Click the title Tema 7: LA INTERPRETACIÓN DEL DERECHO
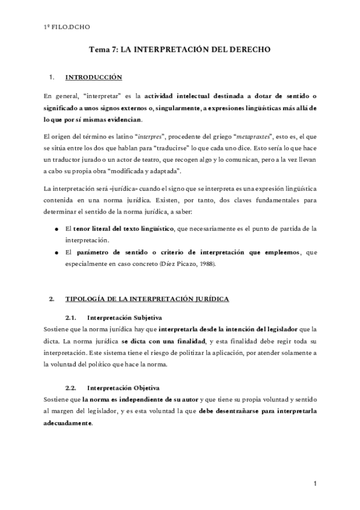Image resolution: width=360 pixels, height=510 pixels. [x=180, y=52]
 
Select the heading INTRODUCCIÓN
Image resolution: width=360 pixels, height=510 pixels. [x=93, y=78]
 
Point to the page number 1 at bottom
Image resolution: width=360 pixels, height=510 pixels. [x=315, y=483]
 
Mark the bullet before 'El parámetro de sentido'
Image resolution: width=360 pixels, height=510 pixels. [x=56, y=253]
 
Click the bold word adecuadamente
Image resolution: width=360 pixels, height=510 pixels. [x=69, y=422]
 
